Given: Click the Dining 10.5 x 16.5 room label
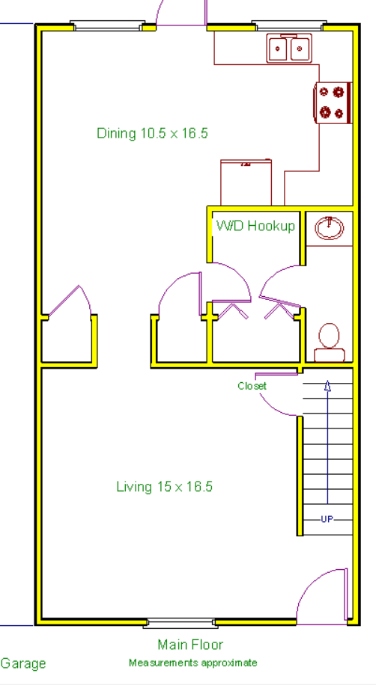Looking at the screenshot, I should coord(152,134).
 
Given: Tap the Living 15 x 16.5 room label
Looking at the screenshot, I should coord(165,487).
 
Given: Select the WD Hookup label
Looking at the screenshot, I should coord(255,226).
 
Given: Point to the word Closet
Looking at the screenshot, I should coord(252,386).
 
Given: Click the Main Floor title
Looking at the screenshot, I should coord(190,645).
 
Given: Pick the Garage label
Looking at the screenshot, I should coord(23,663).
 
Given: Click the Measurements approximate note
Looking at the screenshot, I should coord(192,663).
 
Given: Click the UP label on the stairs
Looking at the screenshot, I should coord(327,519).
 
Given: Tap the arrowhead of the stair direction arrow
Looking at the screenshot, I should coord(327,385).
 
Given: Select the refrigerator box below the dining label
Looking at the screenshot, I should coord(246,182).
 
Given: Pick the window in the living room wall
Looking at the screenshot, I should coord(180,621).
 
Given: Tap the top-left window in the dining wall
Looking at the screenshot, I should coord(108,28).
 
